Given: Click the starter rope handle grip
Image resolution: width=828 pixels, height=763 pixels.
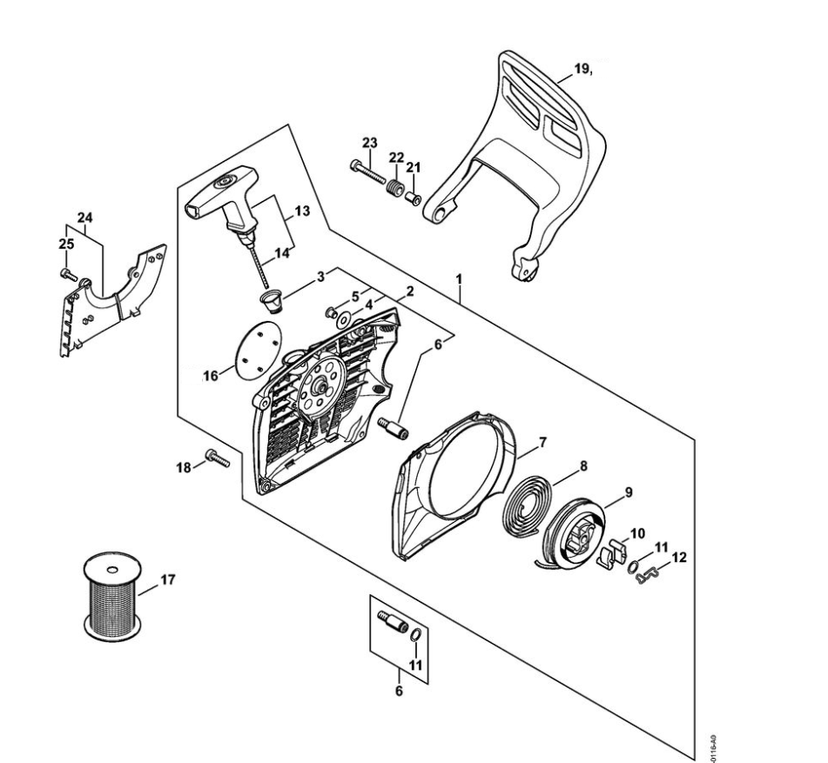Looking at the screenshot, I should (x=221, y=196).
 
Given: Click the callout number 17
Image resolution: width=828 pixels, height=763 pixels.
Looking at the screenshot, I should (x=168, y=579).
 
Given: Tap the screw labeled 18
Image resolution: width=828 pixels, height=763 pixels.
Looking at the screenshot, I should (x=218, y=458).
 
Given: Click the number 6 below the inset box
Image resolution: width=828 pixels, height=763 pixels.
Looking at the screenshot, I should (x=400, y=693).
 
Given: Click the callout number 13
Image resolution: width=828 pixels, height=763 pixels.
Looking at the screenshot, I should (x=302, y=211).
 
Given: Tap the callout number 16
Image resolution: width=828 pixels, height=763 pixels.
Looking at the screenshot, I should (x=210, y=376).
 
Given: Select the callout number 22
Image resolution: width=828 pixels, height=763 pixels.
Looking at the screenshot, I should (x=396, y=157).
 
